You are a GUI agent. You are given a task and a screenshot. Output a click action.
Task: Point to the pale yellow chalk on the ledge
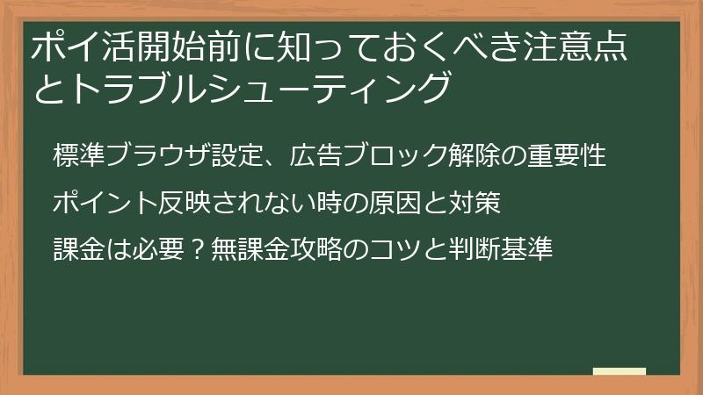click(619, 370)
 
